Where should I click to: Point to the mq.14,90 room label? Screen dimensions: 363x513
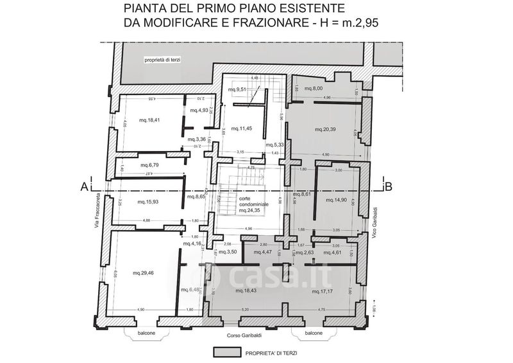tap(336, 200)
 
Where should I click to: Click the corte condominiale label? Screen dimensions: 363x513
tap(249, 205)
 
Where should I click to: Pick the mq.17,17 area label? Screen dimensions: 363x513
tap(323, 292)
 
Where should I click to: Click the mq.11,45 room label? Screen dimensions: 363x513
tap(242, 129)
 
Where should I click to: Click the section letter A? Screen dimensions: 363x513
tap(83, 187)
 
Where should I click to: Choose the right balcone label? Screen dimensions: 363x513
tap(314, 333)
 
